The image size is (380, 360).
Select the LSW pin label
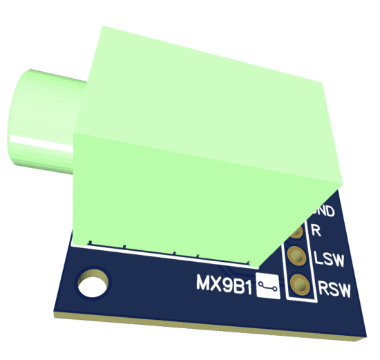(x=330, y=259)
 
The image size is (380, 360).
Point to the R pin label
(x=316, y=231)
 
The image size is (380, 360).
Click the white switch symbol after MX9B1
(x=268, y=286)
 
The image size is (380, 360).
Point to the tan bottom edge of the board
(x=207, y=328)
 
